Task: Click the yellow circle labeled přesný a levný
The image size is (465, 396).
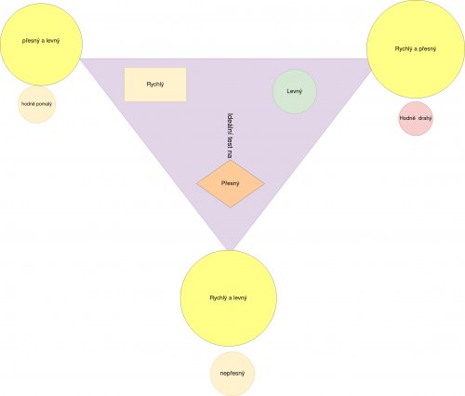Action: point(41,45)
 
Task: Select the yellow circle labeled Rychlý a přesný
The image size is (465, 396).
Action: point(416,49)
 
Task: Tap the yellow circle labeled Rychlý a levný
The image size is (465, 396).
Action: point(229,298)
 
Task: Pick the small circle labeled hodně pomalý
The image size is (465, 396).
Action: point(36,104)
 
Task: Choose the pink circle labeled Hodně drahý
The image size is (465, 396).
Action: point(416,118)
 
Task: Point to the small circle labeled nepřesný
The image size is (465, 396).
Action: point(232,374)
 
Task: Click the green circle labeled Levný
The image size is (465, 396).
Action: point(295,92)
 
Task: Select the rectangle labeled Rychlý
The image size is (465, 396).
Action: point(155,85)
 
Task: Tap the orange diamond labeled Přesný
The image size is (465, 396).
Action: point(231,183)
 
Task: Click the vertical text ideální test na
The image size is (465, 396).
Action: point(230,136)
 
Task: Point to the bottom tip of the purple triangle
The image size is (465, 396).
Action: point(230,250)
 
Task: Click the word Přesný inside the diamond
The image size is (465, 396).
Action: point(231,183)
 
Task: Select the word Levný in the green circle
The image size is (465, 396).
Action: point(295,92)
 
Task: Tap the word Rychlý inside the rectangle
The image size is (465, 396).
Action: point(155,85)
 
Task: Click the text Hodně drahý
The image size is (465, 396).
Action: point(416,118)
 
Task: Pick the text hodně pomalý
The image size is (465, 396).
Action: point(36,104)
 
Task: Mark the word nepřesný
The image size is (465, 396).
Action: point(232,374)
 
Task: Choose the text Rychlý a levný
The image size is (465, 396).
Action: point(229,298)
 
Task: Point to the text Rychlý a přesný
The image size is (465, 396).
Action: point(416,49)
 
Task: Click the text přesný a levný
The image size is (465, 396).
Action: point(41,41)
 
